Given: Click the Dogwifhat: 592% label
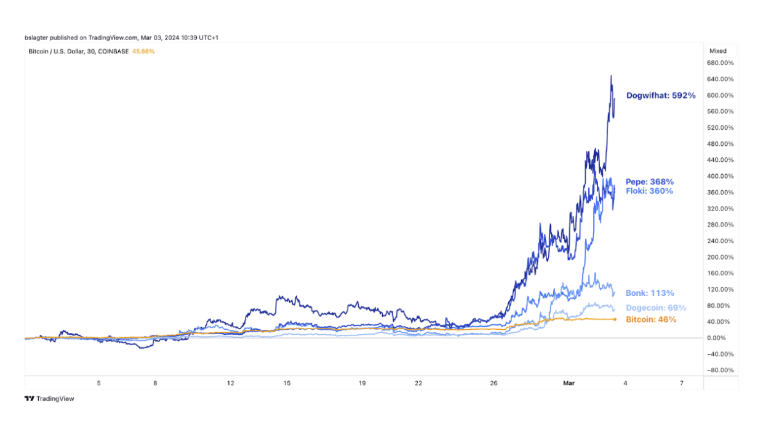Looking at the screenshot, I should coord(660,95).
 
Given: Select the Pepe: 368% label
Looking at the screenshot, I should coord(649,182).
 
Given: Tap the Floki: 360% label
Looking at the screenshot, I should coord(649,191).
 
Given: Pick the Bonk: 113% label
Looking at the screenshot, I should coord(650,293).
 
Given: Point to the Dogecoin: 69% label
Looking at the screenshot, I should coord(655,308).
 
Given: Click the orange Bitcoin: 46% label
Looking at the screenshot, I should coord(651,319).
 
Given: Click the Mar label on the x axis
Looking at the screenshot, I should coord(569,383).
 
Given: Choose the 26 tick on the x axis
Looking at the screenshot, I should coord(493,383).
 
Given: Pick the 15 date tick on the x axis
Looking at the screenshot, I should coord(287,383).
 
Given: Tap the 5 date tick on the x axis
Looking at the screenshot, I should coord(99,383).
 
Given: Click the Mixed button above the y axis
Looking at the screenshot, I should coord(717,51).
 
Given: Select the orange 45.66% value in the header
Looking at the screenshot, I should coord(143,51).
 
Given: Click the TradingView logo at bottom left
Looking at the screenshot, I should coord(49,399).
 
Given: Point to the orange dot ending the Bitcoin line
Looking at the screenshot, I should coord(615,319).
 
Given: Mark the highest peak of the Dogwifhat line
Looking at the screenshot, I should coord(611,76).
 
